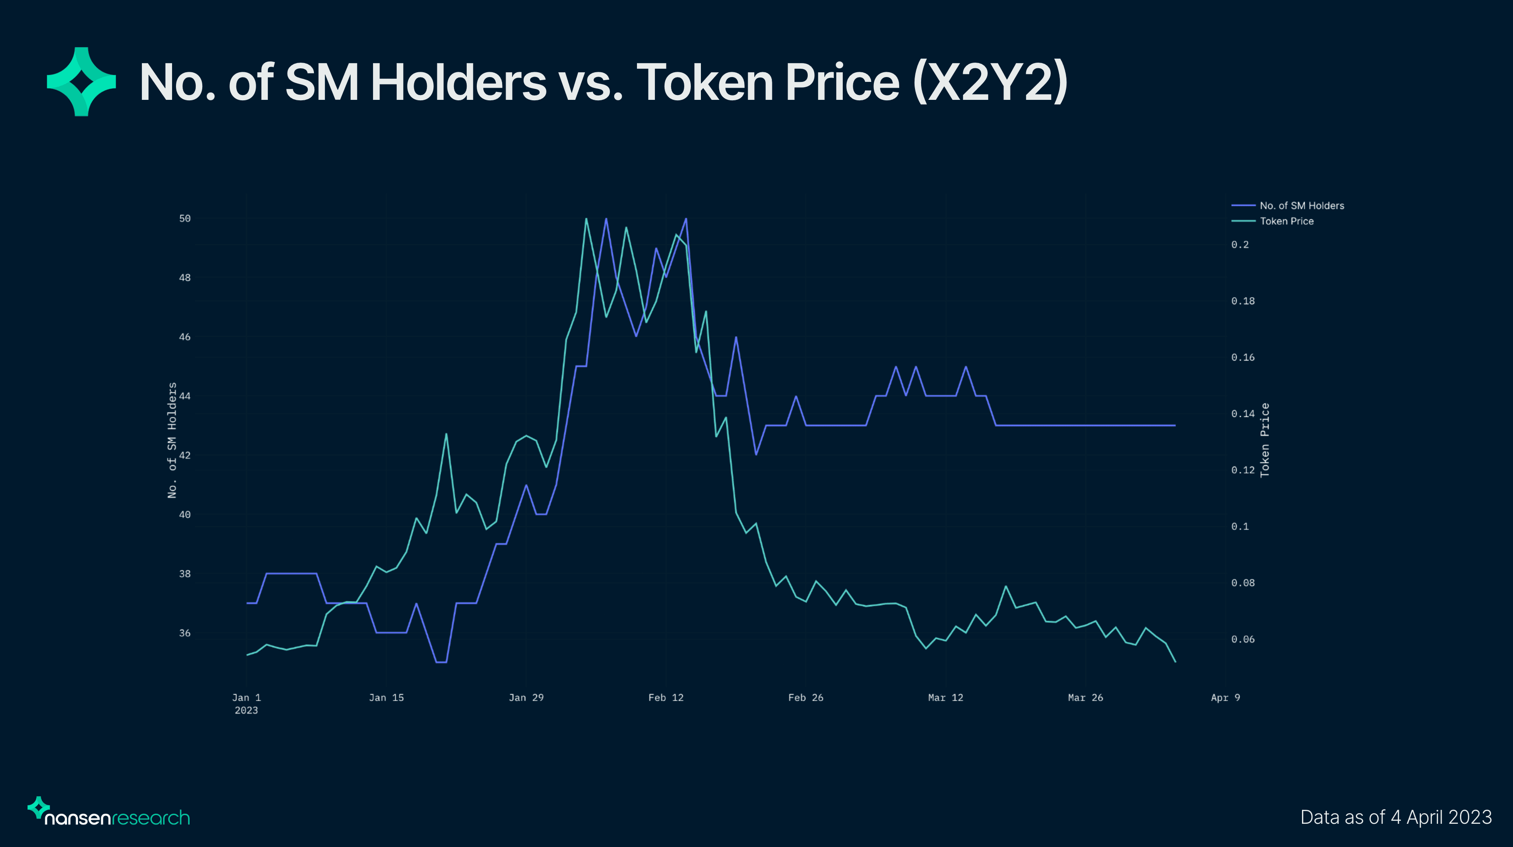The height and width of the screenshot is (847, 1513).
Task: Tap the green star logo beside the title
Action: click(81, 81)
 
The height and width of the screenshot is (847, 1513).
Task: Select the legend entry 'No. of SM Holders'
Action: click(1302, 205)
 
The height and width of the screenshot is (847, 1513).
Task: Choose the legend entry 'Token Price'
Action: click(1286, 221)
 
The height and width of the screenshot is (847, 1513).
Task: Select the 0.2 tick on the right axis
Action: click(1240, 244)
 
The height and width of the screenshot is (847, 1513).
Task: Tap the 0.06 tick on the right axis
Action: click(1242, 639)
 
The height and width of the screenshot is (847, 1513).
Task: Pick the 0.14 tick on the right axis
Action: click(1242, 413)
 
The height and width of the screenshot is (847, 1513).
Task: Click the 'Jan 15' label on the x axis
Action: click(386, 698)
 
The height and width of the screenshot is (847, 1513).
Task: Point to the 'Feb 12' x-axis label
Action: click(665, 698)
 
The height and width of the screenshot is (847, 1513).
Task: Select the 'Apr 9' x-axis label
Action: click(1225, 698)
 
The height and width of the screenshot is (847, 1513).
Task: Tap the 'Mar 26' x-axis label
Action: click(1085, 698)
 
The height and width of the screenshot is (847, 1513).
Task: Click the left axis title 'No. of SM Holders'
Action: click(172, 440)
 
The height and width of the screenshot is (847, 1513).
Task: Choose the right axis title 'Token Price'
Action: click(1264, 440)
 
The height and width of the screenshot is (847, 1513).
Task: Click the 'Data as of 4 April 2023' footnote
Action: click(1396, 817)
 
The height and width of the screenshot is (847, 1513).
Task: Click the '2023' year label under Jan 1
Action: click(246, 711)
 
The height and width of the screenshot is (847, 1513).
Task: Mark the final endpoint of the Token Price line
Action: click(1175, 662)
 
